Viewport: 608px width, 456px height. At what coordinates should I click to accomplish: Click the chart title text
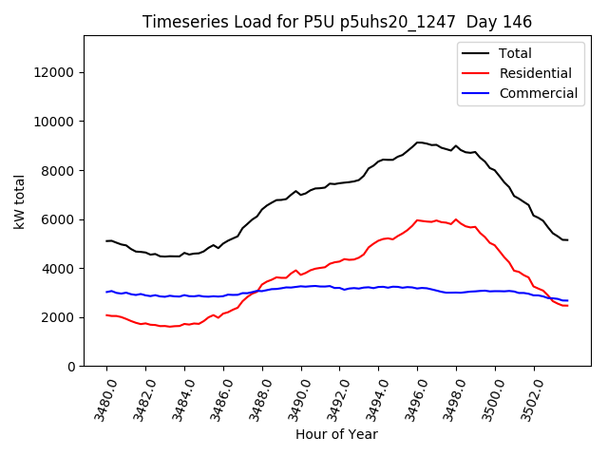(x=337, y=22)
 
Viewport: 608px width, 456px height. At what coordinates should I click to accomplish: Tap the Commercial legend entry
(x=538, y=93)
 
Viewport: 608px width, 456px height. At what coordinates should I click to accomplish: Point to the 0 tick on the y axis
(x=71, y=367)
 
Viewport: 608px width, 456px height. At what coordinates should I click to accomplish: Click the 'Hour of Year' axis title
(x=336, y=435)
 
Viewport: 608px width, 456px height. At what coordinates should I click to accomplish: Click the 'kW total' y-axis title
(x=18, y=201)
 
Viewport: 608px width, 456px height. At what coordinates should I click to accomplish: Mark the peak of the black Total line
(x=418, y=142)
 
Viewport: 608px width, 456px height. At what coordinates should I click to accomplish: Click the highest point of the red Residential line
(x=417, y=220)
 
